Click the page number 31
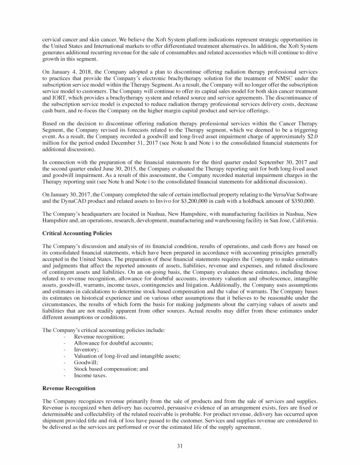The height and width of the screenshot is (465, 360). point(180,445)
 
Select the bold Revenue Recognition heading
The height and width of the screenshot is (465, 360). point(69,388)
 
